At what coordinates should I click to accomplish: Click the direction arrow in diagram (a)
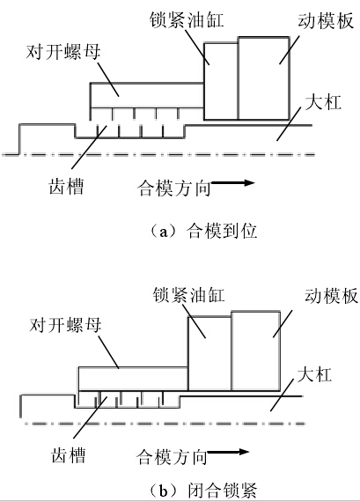[233, 185]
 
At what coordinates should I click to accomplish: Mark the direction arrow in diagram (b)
[230, 454]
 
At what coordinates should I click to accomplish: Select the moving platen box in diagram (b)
[257, 352]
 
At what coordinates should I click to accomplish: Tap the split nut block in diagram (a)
[145, 94]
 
